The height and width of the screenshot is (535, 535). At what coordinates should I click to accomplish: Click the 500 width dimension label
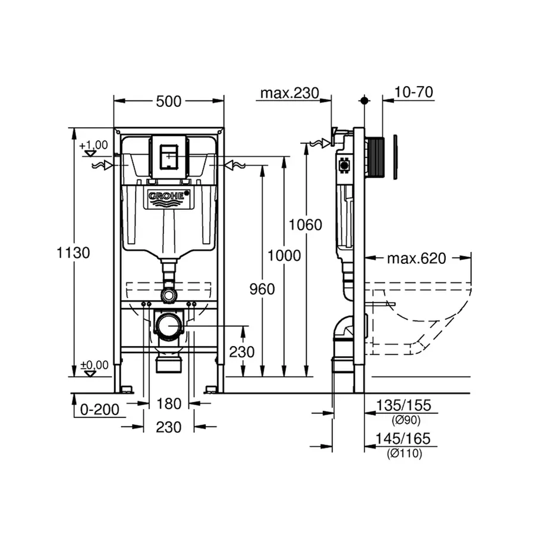tap(169, 102)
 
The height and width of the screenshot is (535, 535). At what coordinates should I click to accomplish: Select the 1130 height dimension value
tap(74, 253)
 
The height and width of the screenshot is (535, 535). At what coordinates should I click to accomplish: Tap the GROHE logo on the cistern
tap(169, 196)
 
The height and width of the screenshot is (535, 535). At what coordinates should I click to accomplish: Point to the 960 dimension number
tap(263, 289)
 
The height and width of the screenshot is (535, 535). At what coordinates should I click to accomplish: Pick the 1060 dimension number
tap(306, 225)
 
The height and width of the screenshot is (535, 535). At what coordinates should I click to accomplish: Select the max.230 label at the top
tap(289, 93)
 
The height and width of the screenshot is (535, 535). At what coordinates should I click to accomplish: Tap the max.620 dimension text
tap(416, 259)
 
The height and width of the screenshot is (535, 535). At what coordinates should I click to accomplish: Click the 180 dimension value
tap(169, 404)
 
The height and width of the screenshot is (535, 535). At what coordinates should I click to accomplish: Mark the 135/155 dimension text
tap(403, 406)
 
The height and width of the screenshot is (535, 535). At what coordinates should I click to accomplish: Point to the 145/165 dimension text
tap(403, 439)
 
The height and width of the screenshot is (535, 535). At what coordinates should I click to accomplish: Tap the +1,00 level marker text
tap(93, 144)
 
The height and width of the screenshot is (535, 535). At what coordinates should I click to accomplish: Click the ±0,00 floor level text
tap(93, 364)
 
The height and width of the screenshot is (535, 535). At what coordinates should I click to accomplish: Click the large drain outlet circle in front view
tap(169, 326)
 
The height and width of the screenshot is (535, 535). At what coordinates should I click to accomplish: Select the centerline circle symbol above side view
tap(364, 101)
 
